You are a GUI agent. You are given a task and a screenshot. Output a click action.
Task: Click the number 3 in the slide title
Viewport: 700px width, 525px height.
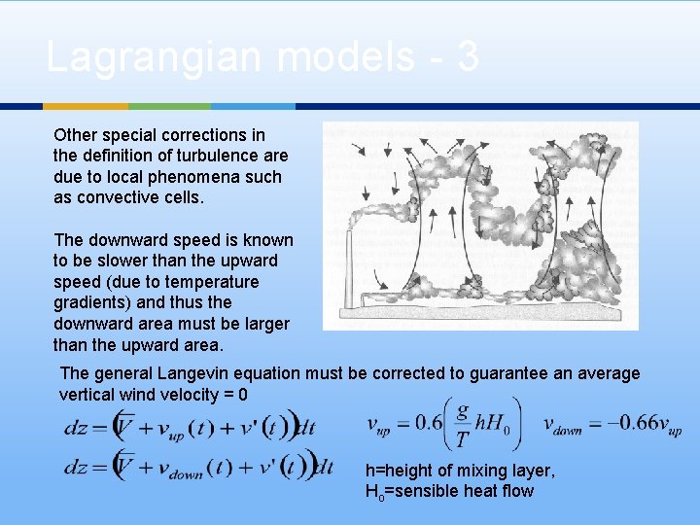point(468,57)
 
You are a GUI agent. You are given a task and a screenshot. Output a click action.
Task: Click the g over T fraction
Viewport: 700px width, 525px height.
point(461,424)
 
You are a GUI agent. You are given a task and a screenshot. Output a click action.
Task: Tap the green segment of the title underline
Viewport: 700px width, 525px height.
point(169,106)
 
